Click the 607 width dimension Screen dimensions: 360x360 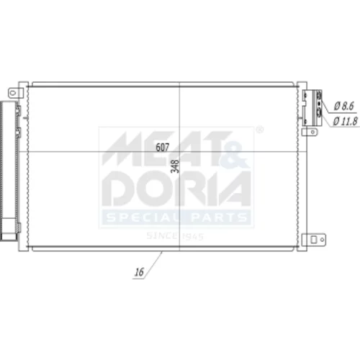coord(163,147)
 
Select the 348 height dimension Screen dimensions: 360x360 coord(175,166)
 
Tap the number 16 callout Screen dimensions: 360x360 coord(139,272)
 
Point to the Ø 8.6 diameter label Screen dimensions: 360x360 coord(344,106)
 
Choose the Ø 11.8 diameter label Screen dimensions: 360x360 coord(346,122)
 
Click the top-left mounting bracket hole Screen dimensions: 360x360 coord(12,93)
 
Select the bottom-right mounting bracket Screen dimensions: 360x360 coord(314,240)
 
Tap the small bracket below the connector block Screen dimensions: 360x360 coord(310,132)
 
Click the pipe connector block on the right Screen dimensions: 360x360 coord(312,108)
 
